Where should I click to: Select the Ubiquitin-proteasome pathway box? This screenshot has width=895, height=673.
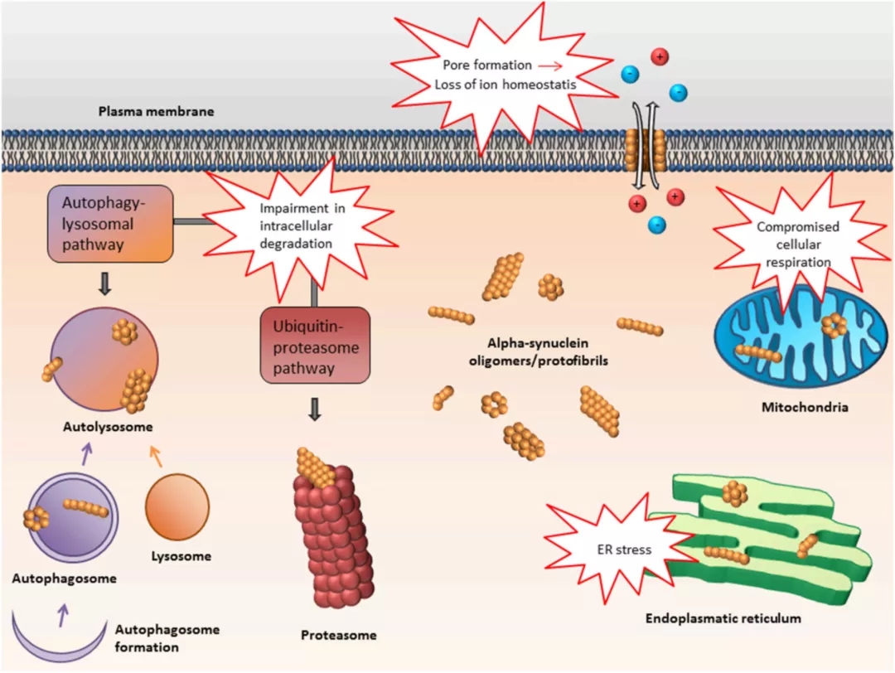pyautogui.click(x=314, y=345)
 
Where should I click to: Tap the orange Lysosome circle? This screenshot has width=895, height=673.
pyautogui.click(x=177, y=509)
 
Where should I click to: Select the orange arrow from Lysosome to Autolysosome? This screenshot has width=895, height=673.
pyautogui.click(x=156, y=454)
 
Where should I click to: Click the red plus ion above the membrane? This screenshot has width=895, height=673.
pyautogui.click(x=660, y=58)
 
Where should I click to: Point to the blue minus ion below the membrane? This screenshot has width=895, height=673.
pyautogui.click(x=656, y=224)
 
